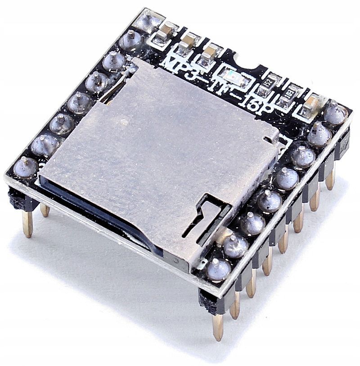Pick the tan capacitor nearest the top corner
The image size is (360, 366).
pyautogui.click(x=168, y=31)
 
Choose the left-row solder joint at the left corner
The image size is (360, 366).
pyautogui.click(x=26, y=166)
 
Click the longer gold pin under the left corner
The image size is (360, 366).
pyautogui.click(x=27, y=223)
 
